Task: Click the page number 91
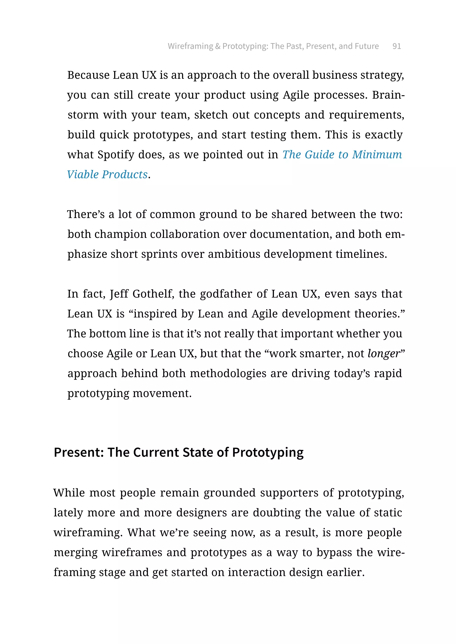point(397,46)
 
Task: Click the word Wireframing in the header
point(190,46)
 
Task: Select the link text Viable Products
point(107,175)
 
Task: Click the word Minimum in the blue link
point(377,155)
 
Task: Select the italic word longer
point(384,354)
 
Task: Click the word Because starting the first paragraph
point(88,75)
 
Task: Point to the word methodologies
point(228,374)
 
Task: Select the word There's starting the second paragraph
point(86,214)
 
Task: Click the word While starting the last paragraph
point(69,493)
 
